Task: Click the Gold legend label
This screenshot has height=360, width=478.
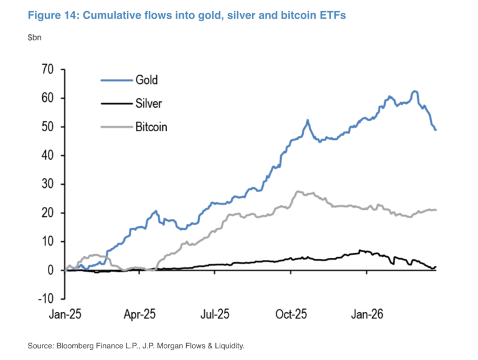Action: coord(146,80)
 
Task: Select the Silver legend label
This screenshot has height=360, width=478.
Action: coord(148,103)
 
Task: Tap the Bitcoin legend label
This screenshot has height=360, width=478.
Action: coord(151,127)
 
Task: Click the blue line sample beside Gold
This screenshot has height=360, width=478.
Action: coord(115,80)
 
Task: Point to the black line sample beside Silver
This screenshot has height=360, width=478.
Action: coord(115,103)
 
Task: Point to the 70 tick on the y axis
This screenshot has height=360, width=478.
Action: coord(47,69)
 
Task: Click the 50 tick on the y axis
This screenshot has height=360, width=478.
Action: coord(47,127)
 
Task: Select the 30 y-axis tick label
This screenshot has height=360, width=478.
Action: coord(47,184)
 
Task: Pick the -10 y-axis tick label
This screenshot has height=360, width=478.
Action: coord(45,299)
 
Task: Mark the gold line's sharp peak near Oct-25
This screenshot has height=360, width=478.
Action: coord(307,121)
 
